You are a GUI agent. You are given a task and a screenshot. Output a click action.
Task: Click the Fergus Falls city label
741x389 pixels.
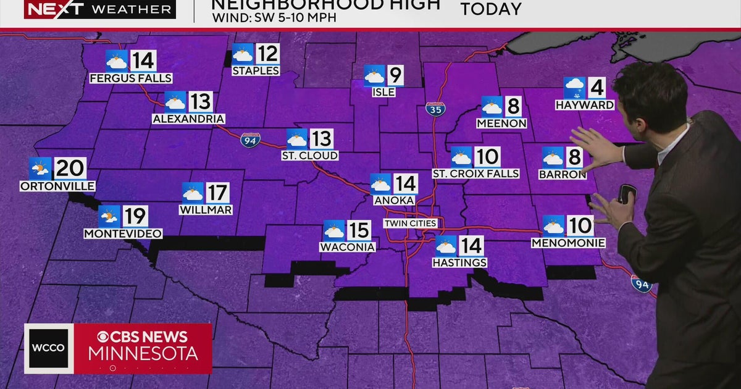[130, 78]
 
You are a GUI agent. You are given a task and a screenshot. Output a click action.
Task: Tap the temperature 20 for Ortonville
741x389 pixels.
[71, 168]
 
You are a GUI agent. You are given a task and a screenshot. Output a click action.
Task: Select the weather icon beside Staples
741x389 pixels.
[243, 56]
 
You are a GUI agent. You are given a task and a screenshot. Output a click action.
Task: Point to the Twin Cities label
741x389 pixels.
[410, 223]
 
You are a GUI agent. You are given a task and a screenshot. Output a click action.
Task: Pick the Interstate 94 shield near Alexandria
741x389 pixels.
[250, 141]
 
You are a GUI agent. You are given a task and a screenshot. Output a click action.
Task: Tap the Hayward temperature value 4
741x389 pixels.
[596, 88]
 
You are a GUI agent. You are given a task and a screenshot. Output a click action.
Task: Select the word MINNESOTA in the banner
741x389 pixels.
[143, 354]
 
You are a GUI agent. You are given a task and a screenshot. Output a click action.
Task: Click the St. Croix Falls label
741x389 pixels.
[475, 174]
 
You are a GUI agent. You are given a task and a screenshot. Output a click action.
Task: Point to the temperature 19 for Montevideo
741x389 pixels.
[135, 216]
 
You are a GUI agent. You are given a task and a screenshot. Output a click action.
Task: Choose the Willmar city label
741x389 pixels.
[206, 210]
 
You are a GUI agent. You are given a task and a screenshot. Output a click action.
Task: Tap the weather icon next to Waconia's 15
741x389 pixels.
[334, 231]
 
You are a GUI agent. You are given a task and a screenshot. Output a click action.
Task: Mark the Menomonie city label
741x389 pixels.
[568, 243]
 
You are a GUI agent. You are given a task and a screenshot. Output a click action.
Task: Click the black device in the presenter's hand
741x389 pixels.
[626, 193]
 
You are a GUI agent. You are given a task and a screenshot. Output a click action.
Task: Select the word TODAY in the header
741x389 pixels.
[491, 9]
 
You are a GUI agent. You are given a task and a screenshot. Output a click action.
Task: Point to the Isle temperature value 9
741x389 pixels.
[395, 76]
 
